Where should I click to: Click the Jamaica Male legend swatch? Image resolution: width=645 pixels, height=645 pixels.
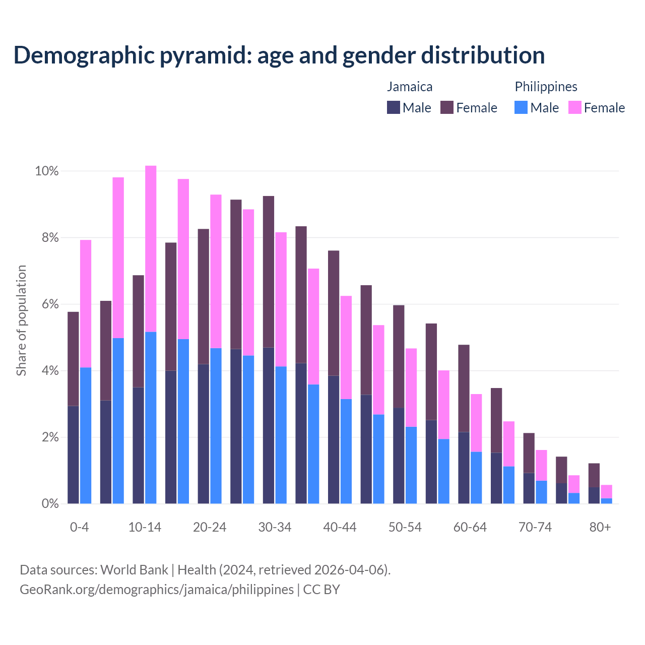pyautogui.click(x=393, y=107)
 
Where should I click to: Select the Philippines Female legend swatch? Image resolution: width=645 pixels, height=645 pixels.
pyautogui.click(x=574, y=107)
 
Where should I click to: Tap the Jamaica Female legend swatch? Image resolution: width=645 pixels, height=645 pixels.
pyautogui.click(x=447, y=107)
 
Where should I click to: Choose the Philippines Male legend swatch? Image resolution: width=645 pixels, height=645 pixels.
pyautogui.click(x=521, y=107)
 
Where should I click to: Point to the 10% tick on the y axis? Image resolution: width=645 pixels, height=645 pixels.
pyautogui.click(x=46, y=171)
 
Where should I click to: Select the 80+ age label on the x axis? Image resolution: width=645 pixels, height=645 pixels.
pyautogui.click(x=600, y=528)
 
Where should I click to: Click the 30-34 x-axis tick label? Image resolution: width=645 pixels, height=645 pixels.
pyautogui.click(x=275, y=528)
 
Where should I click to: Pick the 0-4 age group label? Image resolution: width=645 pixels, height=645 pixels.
pyautogui.click(x=80, y=528)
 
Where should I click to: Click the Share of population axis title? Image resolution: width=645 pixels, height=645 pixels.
pyautogui.click(x=22, y=320)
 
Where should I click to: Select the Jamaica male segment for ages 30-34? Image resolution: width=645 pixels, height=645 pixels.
pyautogui.click(x=269, y=425)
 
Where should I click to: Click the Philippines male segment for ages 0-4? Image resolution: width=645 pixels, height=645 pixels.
pyautogui.click(x=86, y=435)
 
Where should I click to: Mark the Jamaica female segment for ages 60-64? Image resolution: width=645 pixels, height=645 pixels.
pyautogui.click(x=464, y=389)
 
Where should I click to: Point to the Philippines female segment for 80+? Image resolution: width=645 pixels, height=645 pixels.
pyautogui.click(x=606, y=491)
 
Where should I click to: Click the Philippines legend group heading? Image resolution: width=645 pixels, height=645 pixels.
pyautogui.click(x=546, y=87)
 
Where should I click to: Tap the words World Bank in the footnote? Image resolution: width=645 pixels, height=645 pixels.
pyautogui.click(x=134, y=570)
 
